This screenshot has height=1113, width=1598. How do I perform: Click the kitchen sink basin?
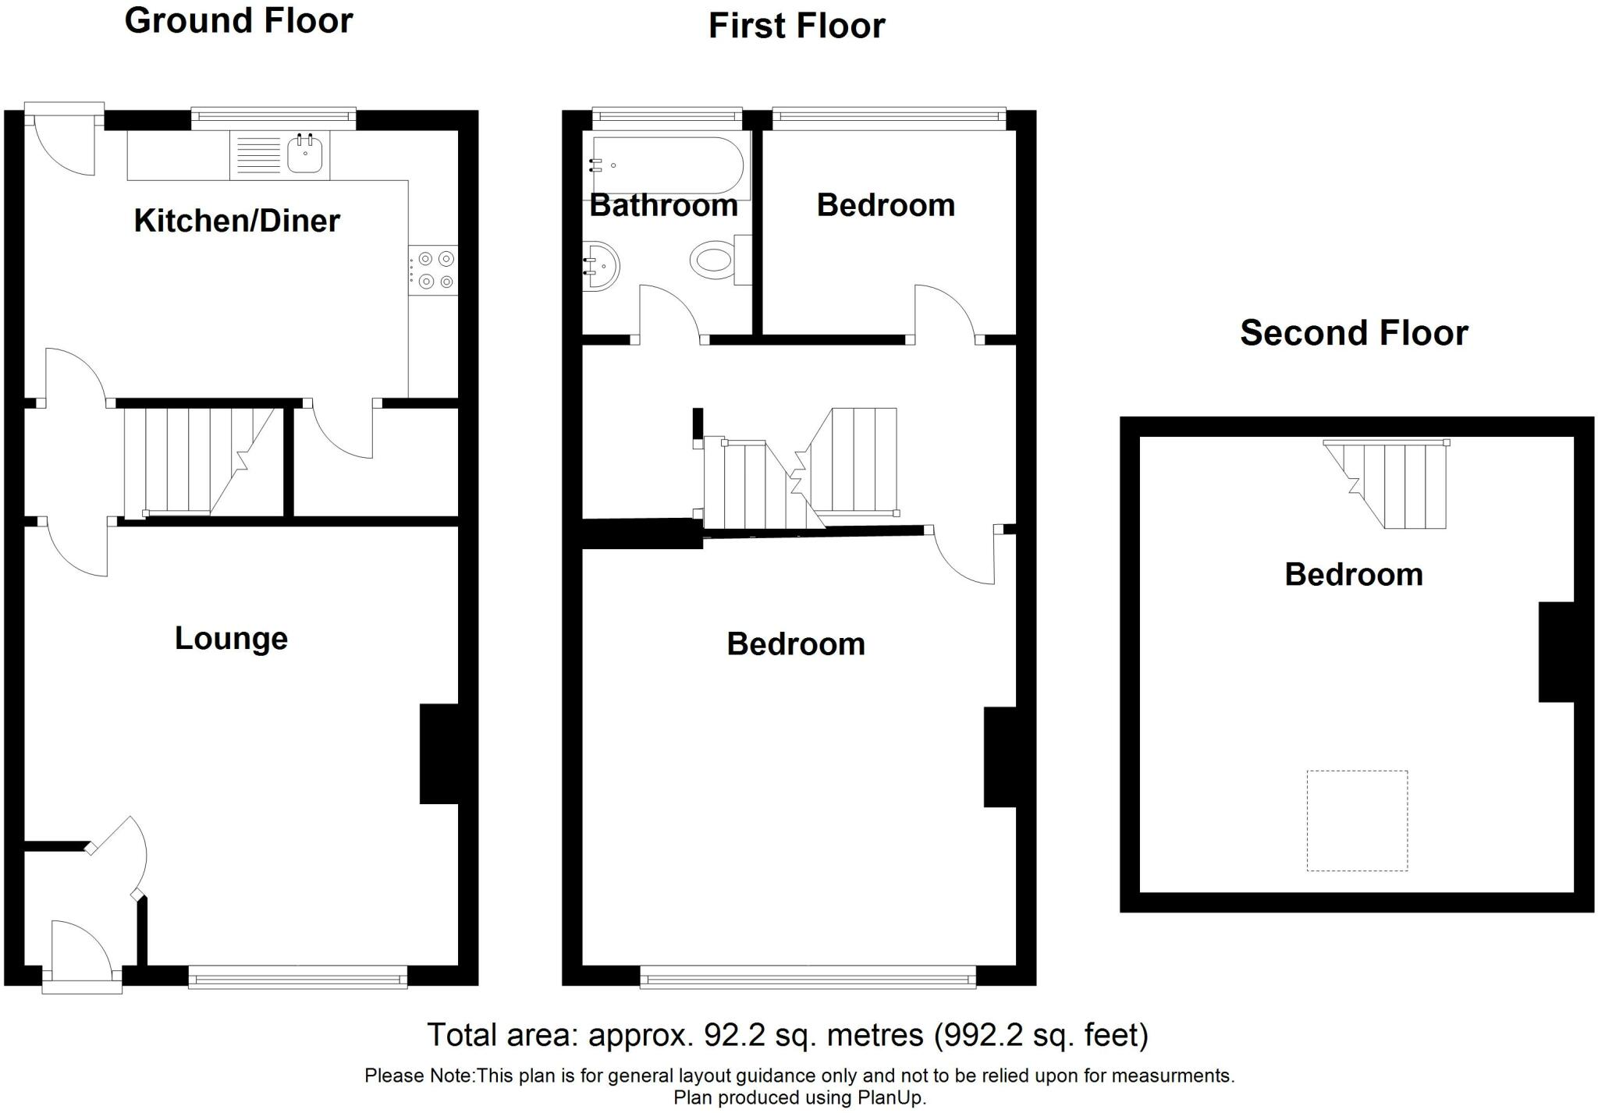coord(304,153)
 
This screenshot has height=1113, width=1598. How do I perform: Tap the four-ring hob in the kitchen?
coord(433,270)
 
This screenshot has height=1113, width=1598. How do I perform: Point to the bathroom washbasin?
coord(602,265)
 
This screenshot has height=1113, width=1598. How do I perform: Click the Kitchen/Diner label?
coord(237,221)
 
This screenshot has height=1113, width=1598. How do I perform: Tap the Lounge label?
coord(231,638)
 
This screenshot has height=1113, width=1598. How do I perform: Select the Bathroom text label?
coord(664,205)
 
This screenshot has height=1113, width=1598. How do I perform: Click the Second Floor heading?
coord(1354,333)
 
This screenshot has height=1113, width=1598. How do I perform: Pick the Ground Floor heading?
coord(239,20)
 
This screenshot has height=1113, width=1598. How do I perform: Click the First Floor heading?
coord(797,26)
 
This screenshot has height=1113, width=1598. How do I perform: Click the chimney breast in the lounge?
coord(439,753)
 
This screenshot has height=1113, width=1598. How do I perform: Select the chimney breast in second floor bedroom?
coord(1556,651)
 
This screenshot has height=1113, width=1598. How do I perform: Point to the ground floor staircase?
coord(200,461)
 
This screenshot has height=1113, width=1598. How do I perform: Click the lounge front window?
coord(298,977)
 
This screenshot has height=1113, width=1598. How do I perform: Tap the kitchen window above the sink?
coord(274,119)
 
